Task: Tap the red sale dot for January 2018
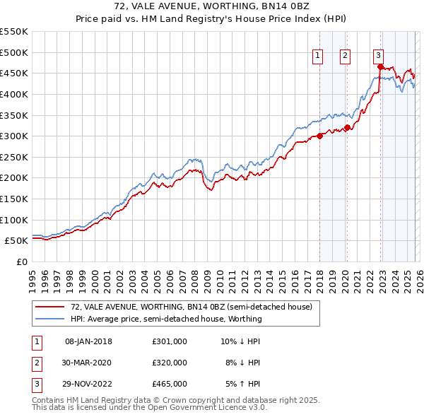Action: point(319,136)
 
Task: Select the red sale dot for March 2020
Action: point(347,128)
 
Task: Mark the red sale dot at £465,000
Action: point(380,67)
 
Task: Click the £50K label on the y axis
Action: point(17,241)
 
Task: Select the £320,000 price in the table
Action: point(170,363)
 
